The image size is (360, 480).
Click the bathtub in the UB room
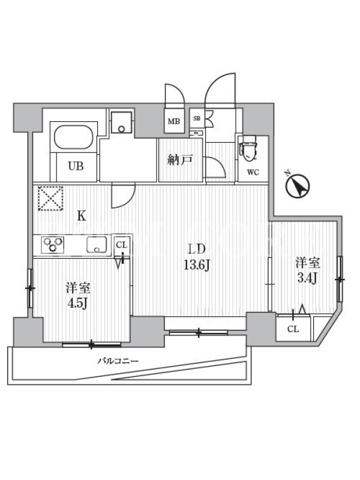click(x=76, y=137)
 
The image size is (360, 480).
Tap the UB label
click(x=76, y=166)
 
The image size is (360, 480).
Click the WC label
click(x=253, y=172)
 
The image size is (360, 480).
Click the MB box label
click(x=174, y=121)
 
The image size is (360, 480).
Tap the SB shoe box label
click(x=197, y=118)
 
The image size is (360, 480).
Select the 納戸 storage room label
click(x=180, y=160)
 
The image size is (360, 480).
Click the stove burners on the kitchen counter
click(x=53, y=245)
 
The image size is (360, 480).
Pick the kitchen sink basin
click(x=97, y=245)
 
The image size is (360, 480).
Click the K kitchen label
click(x=82, y=217)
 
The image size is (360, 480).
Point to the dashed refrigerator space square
click(x=50, y=199)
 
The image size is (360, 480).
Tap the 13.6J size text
click(x=196, y=265)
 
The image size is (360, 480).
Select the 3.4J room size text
click(x=307, y=278)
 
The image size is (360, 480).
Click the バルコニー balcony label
click(x=118, y=361)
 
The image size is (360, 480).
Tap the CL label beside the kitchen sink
click(x=121, y=245)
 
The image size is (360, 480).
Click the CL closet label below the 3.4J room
click(x=293, y=329)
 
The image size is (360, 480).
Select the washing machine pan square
click(x=122, y=122)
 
